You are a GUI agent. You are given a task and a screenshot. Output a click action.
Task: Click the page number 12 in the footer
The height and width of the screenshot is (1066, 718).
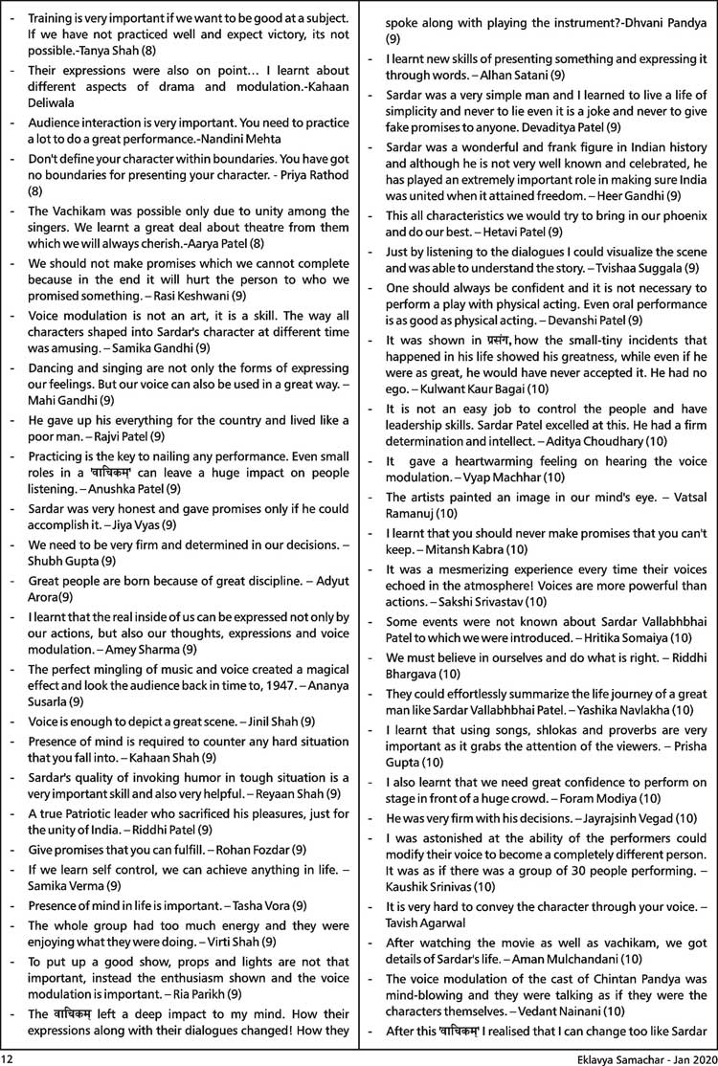pos(9,1057)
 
